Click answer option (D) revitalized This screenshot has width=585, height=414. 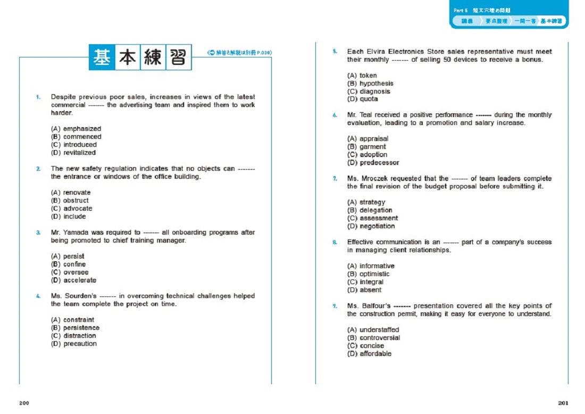click(x=73, y=153)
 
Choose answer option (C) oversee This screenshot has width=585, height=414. click(x=70, y=272)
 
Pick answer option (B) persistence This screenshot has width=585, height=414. click(x=75, y=328)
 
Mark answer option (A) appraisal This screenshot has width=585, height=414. click(x=367, y=139)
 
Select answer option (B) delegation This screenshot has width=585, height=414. click(x=370, y=210)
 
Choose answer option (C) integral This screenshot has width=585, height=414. click(x=365, y=282)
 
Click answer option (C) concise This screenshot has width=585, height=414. click(x=365, y=346)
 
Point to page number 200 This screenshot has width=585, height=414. click(x=24, y=403)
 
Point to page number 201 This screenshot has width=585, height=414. click(x=563, y=403)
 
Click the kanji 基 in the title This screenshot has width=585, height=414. click(x=102, y=57)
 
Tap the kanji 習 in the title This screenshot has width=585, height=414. click(x=178, y=57)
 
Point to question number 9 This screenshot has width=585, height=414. click(x=335, y=306)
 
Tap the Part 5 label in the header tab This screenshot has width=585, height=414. click(x=460, y=10)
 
